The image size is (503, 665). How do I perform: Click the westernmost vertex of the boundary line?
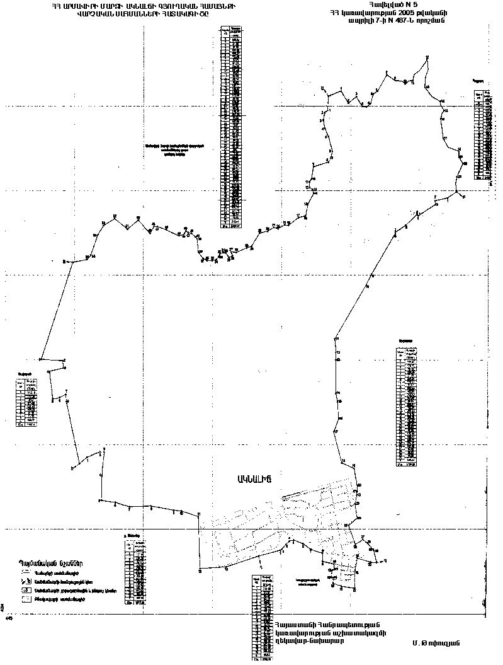(x=40, y=359)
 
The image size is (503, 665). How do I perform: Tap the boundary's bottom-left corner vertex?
(x=200, y=572)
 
